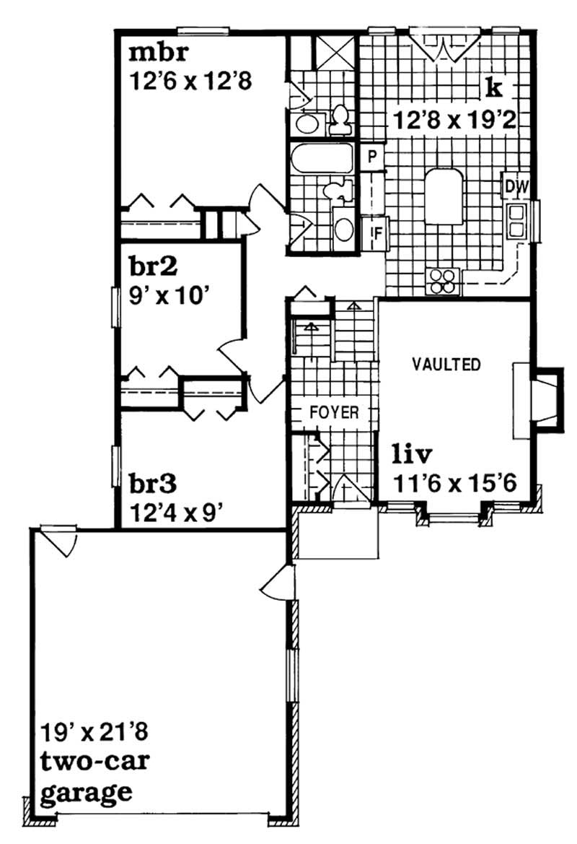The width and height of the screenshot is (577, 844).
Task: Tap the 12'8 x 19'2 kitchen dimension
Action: [x=454, y=120]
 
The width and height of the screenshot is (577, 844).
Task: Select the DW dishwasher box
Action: [x=516, y=187]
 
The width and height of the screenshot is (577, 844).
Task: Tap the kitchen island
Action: [x=443, y=196]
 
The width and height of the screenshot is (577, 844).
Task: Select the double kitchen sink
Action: [x=517, y=221]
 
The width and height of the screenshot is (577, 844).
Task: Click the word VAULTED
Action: [x=446, y=365]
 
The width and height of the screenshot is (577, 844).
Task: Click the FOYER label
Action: [x=335, y=413]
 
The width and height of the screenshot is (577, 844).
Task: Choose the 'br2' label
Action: [x=154, y=267]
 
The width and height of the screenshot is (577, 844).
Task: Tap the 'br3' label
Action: [x=154, y=482]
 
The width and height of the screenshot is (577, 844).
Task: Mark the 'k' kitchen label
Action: [x=493, y=88]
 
